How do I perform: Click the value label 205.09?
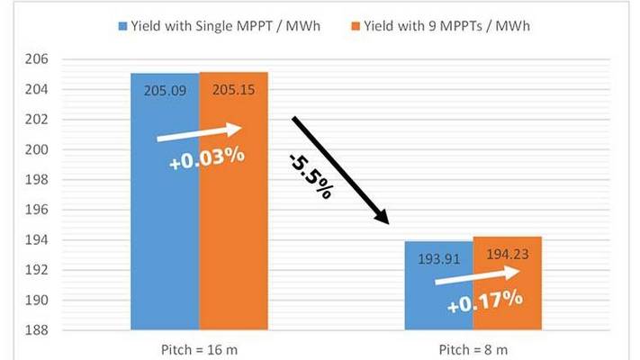[x=164, y=90]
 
